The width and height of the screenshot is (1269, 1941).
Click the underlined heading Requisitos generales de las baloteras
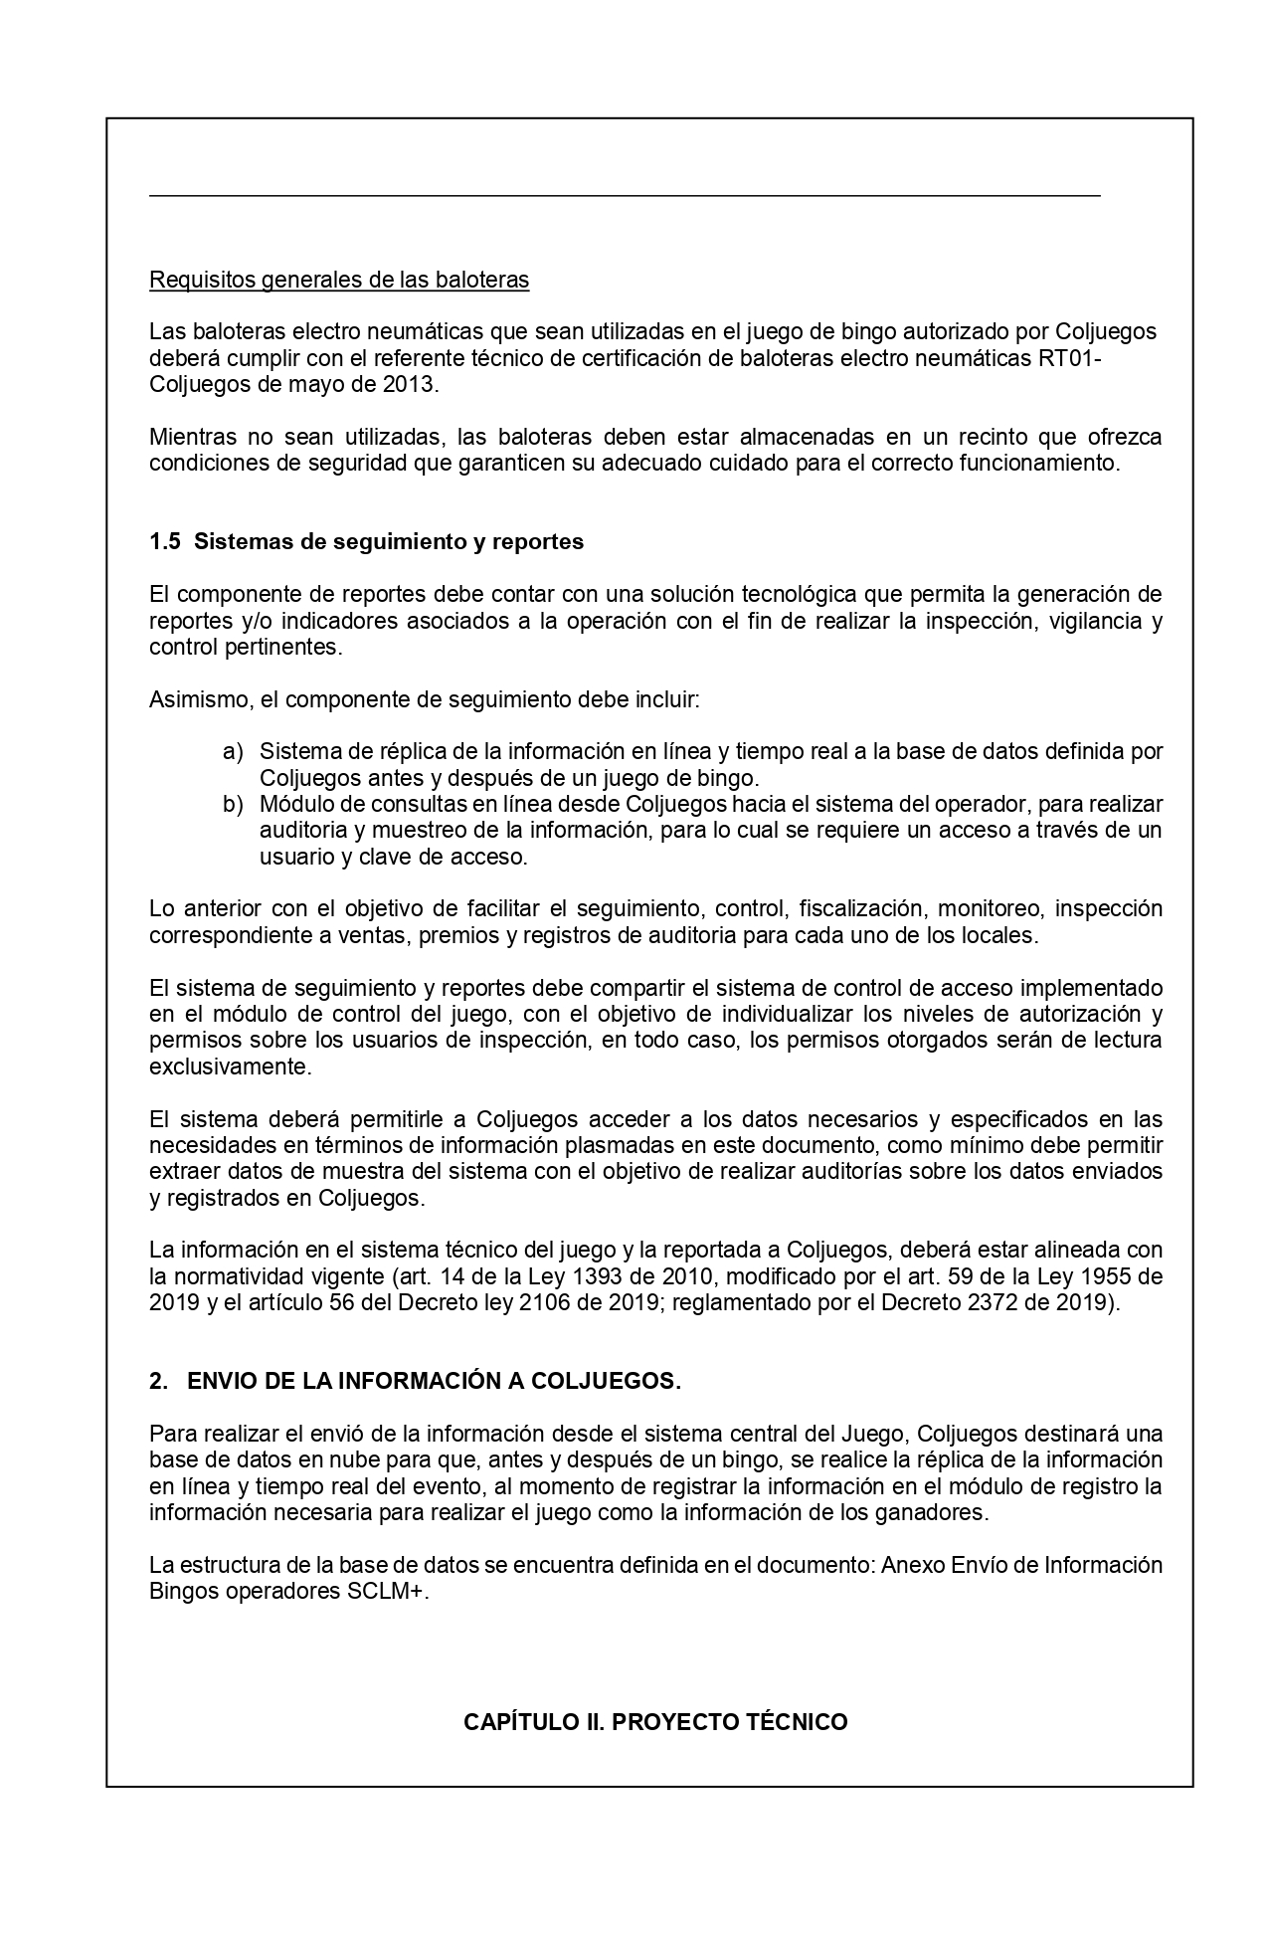click(338, 280)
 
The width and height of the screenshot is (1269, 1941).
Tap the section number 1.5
click(164, 542)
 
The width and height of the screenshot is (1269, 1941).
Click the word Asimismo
click(197, 699)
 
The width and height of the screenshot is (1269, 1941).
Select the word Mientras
click(193, 437)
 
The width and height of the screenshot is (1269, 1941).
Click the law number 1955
click(1099, 1275)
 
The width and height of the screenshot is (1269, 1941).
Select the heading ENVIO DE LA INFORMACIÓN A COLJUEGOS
click(434, 1381)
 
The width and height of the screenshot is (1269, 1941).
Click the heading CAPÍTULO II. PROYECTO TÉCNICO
click(655, 1722)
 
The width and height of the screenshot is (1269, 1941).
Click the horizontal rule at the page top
click(625, 196)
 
